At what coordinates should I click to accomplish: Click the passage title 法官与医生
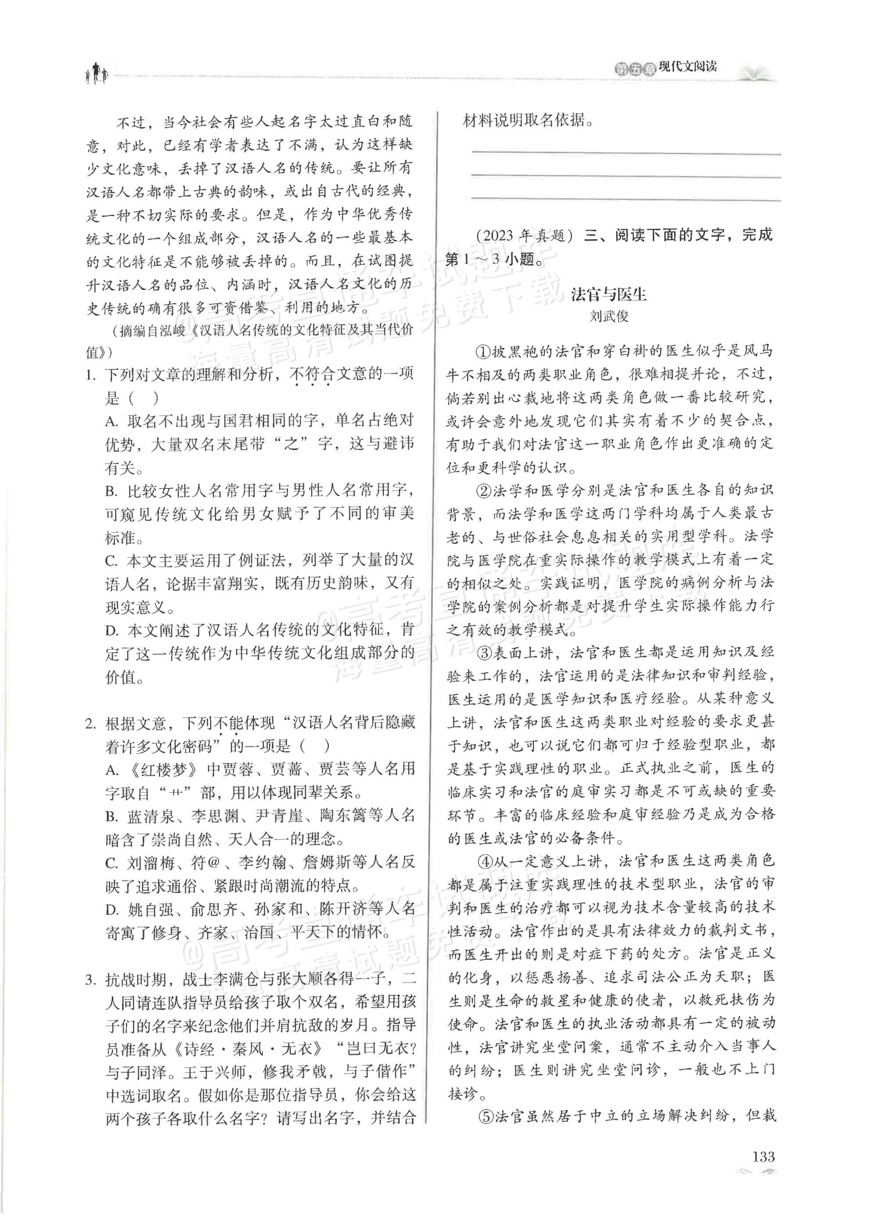608,295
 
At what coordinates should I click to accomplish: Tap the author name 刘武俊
608,317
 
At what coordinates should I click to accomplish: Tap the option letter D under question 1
112,631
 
